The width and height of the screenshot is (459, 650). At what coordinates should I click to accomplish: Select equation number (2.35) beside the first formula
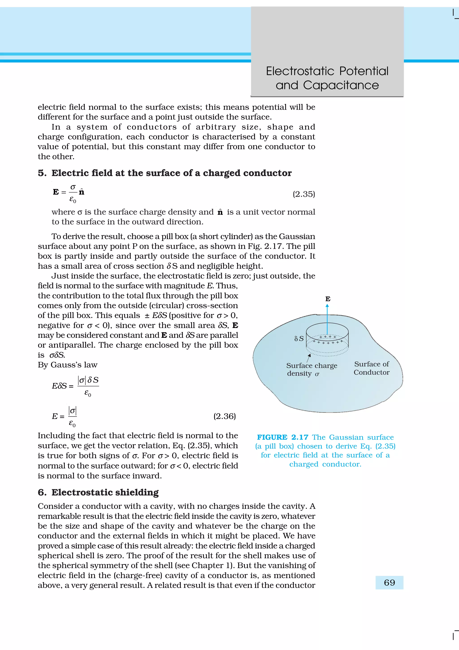click(303, 194)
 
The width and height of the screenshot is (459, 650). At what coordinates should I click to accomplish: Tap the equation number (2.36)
click(224, 416)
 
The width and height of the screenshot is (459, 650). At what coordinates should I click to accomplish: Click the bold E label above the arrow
click(328, 299)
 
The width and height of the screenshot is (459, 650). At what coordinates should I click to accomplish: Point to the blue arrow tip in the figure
click(327, 306)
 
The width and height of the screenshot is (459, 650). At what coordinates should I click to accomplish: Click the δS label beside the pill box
click(299, 339)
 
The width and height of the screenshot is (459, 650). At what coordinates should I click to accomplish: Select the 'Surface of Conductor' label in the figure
click(371, 368)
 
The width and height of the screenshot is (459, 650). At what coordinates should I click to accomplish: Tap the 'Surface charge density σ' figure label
click(311, 369)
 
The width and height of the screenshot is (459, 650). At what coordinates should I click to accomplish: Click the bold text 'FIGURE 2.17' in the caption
click(282, 437)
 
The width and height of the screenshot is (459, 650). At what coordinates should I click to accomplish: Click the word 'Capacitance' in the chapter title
click(341, 85)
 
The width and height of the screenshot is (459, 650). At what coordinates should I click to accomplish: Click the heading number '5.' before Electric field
click(42, 173)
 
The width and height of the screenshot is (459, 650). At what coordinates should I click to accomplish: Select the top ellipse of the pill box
click(327, 330)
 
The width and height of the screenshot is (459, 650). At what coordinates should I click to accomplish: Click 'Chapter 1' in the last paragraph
click(210, 565)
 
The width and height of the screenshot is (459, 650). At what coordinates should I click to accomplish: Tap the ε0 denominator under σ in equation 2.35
click(73, 200)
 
